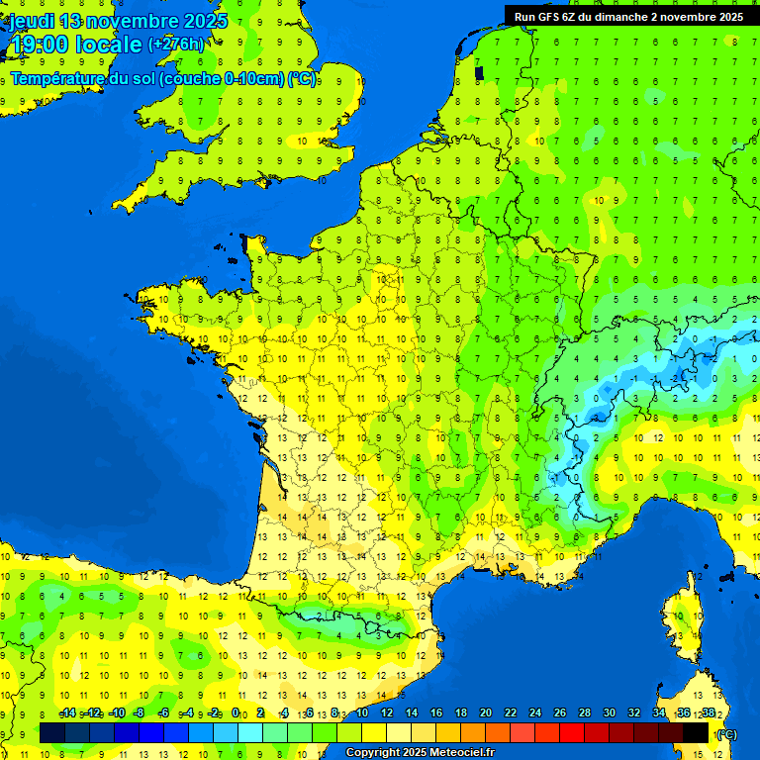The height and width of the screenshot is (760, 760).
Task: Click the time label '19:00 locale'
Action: point(76,45)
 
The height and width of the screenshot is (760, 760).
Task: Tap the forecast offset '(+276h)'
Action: point(177,44)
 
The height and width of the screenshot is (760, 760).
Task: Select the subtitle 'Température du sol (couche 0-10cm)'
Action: point(148,79)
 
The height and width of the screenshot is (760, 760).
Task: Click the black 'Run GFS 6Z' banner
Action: point(629,17)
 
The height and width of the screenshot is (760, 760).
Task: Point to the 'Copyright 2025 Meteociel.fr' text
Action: point(420,753)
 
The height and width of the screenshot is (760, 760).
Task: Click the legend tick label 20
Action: point(485,712)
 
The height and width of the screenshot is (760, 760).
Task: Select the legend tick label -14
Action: point(67,712)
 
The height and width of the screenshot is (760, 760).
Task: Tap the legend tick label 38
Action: point(708,712)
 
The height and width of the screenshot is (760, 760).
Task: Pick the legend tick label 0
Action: point(236,712)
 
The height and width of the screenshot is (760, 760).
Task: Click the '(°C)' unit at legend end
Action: point(726,733)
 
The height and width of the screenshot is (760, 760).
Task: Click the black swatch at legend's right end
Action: point(696,732)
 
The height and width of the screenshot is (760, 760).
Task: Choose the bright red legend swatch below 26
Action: point(572,732)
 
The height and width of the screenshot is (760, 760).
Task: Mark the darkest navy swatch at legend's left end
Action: point(52,732)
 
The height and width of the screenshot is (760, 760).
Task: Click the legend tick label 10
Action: point(361,712)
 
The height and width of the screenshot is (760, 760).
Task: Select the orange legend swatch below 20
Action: point(473,732)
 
